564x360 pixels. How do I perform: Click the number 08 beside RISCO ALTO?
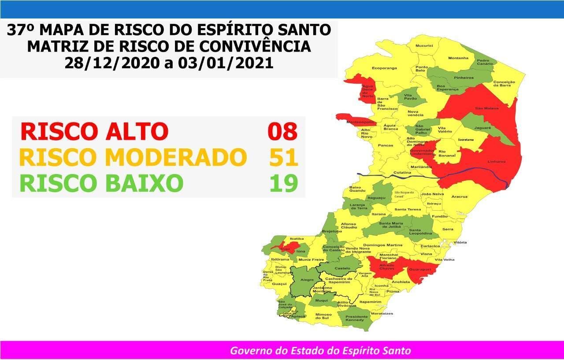283,131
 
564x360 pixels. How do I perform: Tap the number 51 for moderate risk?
284,157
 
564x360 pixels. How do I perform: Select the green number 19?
284,183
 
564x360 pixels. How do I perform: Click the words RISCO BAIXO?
101,183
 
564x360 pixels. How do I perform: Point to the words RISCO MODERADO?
133,157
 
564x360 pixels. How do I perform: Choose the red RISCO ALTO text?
94,131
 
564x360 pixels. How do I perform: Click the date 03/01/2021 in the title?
226,63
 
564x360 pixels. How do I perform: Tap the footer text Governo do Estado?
320,351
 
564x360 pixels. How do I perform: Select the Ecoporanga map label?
384,68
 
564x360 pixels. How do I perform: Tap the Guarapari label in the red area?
419,269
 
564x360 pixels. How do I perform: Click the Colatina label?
402,172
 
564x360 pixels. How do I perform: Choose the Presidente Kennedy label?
356,319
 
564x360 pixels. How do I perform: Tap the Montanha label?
458,58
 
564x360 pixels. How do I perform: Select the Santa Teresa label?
408,209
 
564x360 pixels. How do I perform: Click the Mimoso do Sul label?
323,316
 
